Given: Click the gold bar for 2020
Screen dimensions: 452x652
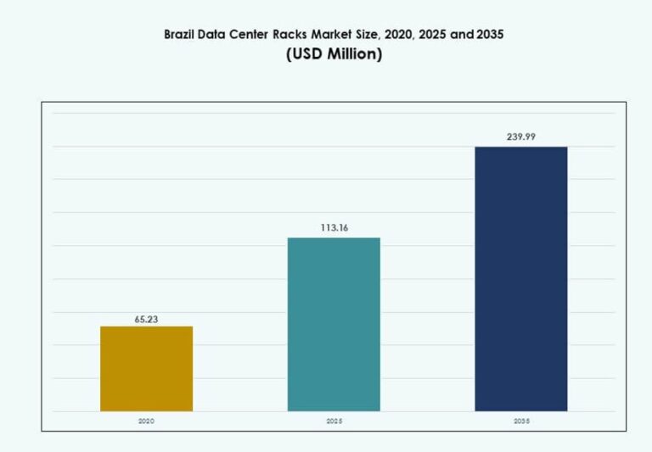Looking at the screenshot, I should [x=146, y=369].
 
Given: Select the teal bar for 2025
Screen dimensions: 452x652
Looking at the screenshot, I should [x=334, y=324].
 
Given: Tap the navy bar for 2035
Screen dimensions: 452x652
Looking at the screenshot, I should [x=520, y=279].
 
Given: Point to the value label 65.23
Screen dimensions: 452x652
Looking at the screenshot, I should [x=146, y=320].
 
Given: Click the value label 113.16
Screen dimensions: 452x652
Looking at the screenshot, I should [x=334, y=227].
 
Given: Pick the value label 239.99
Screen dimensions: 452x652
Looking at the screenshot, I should [x=520, y=137].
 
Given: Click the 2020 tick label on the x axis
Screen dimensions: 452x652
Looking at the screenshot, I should [x=146, y=420].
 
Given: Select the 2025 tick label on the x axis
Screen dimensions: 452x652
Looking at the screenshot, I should [x=334, y=420].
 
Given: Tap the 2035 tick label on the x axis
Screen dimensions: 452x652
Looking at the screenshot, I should [x=520, y=420].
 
